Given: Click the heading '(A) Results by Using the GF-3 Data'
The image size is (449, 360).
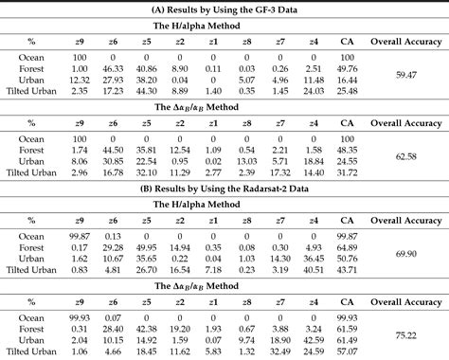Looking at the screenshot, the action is point(224,9).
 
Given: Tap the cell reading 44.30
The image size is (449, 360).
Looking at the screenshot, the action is point(145,92).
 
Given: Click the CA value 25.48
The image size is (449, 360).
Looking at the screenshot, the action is point(347,92).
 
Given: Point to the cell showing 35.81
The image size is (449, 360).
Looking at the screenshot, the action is point(145,150).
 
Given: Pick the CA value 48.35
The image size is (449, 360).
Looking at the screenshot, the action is point(347,150).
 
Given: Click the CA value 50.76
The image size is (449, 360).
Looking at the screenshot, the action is point(347,258).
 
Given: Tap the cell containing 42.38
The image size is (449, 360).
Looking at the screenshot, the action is point(145,258).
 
